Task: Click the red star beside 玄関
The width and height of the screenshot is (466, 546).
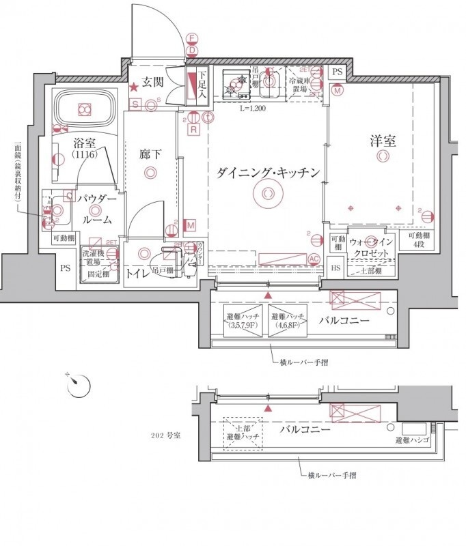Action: (135, 86)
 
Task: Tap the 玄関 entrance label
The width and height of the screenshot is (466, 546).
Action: (153, 83)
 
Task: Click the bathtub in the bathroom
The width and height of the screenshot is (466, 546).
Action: (85, 109)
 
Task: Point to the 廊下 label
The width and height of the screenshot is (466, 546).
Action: (150, 154)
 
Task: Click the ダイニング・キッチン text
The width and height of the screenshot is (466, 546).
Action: (268, 173)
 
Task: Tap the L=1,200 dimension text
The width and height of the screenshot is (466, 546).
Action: (253, 109)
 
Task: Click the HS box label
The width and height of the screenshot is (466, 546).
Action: (336, 268)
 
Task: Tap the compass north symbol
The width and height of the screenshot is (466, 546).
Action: (78, 384)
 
